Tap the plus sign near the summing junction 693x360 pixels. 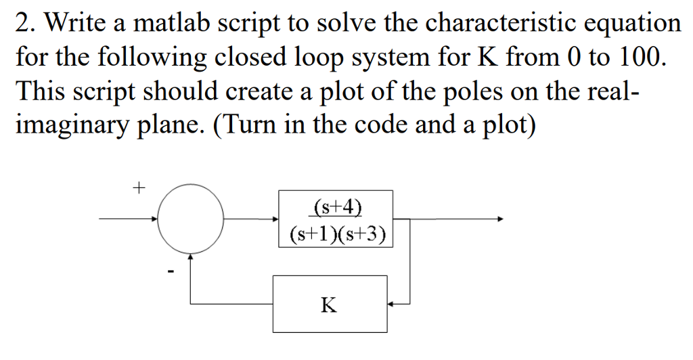[x=139, y=188]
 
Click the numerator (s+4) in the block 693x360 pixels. [x=337, y=206]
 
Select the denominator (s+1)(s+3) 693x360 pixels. [x=338, y=234]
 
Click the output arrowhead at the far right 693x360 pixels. [x=500, y=219]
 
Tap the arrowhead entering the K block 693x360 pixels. [x=390, y=304]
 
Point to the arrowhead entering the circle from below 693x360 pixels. [x=190, y=256]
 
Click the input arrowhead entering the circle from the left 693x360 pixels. [x=155, y=219]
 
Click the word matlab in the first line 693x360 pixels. [x=171, y=23]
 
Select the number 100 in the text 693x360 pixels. [x=643, y=57]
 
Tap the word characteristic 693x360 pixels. [x=500, y=23]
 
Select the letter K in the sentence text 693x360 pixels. [x=488, y=58]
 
